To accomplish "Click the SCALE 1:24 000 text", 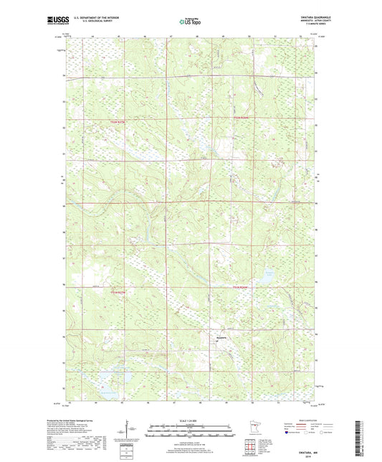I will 190,420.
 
